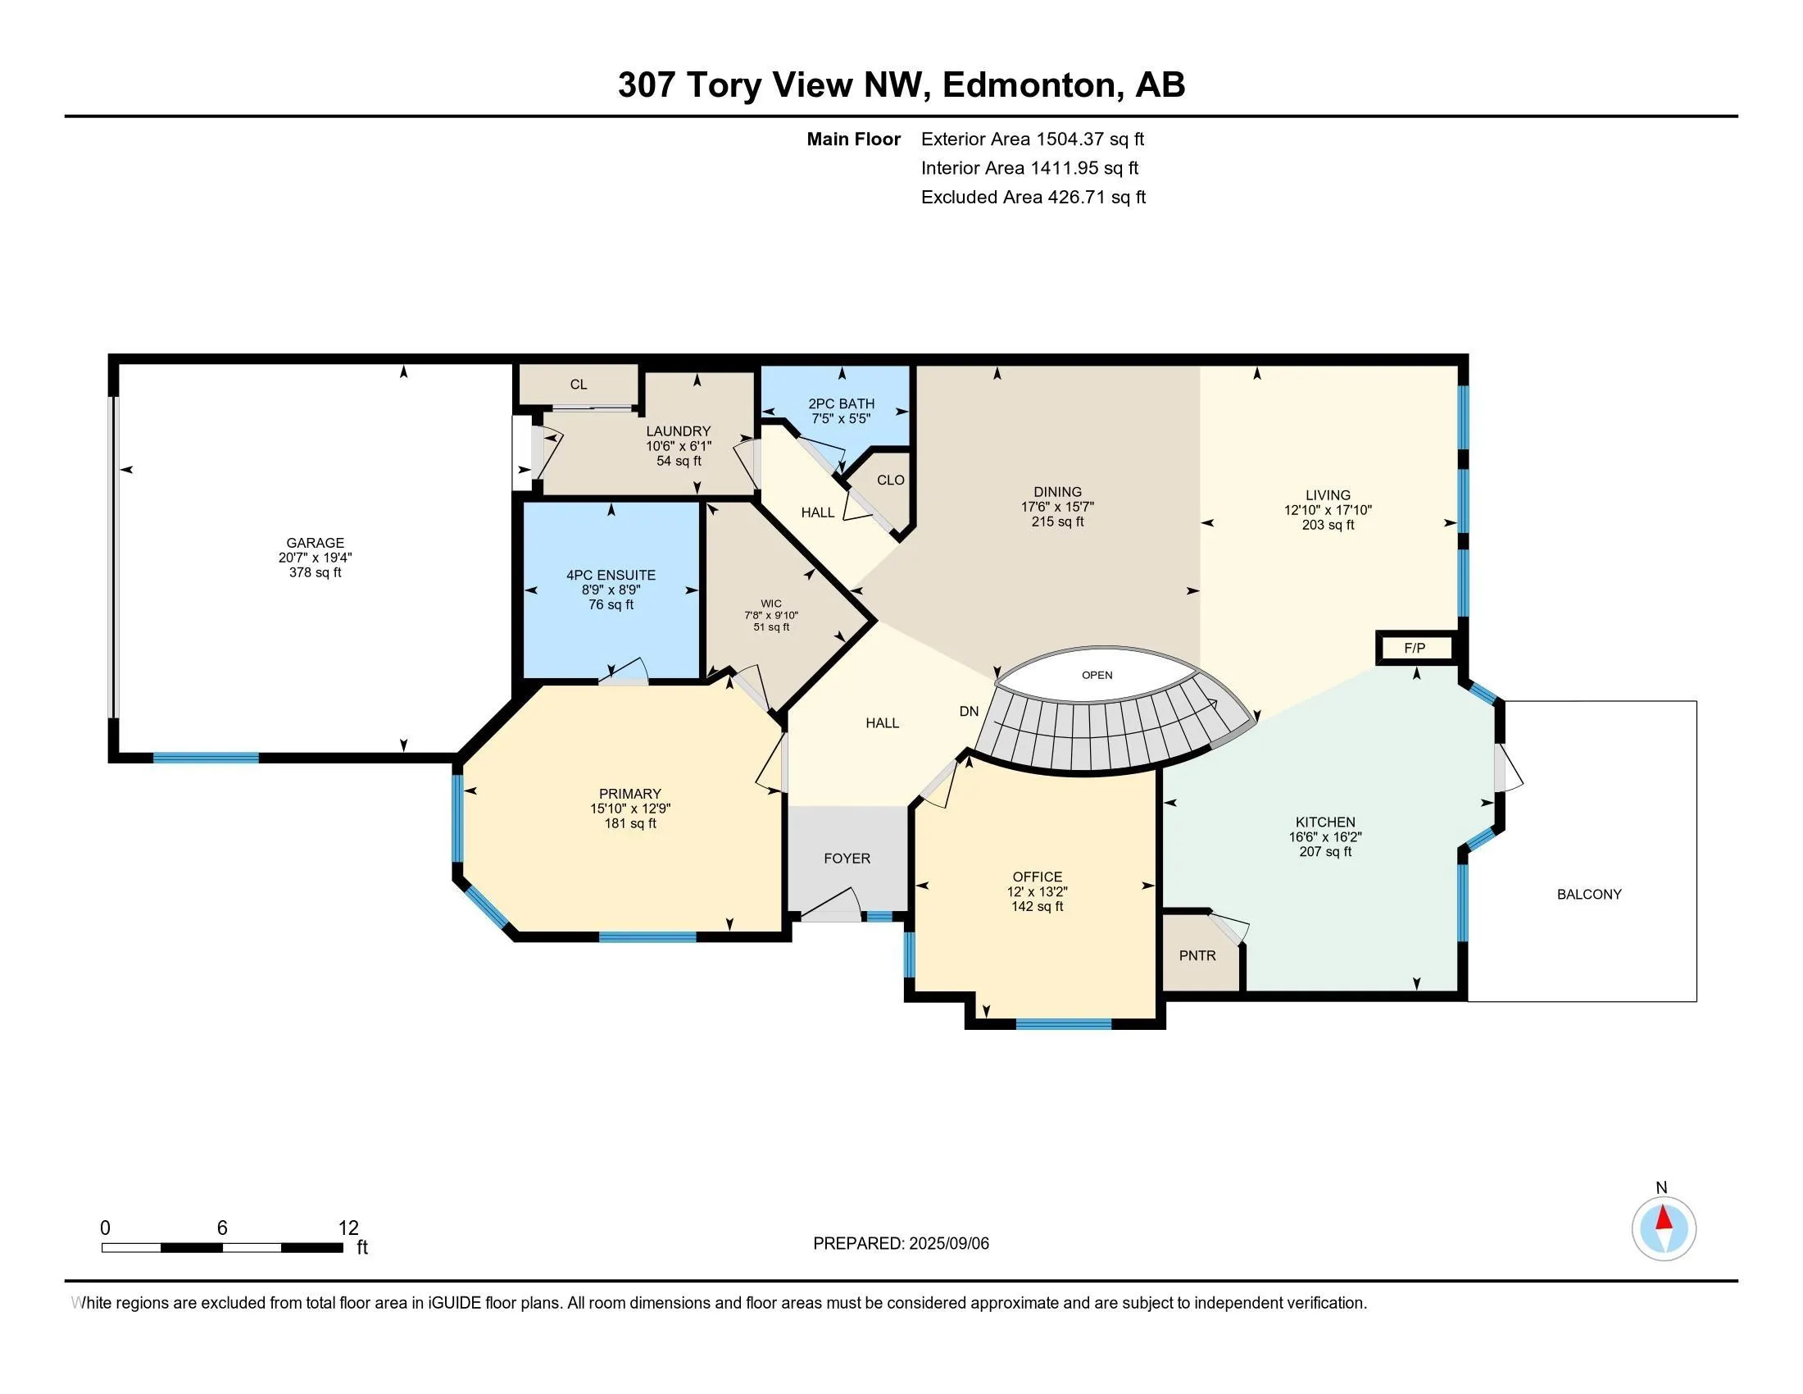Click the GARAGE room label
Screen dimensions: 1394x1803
(x=315, y=543)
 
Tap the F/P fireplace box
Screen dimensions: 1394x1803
(x=1415, y=649)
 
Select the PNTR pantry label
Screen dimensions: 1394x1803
(x=1197, y=955)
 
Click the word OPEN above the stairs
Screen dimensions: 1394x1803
(x=1097, y=675)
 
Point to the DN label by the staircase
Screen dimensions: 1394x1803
(x=969, y=711)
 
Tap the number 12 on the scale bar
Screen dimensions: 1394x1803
(x=348, y=1228)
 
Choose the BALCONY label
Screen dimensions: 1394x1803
(x=1588, y=894)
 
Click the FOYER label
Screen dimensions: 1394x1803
(x=847, y=858)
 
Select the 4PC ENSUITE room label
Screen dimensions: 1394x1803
(x=610, y=575)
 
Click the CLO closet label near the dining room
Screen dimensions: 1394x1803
(x=890, y=480)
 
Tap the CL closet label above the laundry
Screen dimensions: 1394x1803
(x=578, y=384)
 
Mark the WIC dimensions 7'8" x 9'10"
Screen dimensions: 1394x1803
(x=771, y=615)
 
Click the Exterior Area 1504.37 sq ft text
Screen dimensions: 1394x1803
(x=1032, y=139)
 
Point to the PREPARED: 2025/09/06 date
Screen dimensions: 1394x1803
(x=900, y=1243)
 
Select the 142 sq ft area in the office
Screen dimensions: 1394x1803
(x=1037, y=906)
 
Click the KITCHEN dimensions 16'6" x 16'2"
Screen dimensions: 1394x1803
(x=1325, y=836)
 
